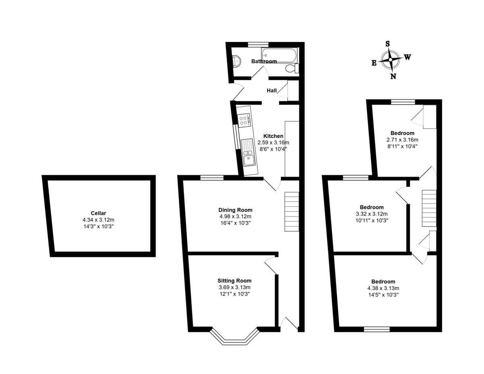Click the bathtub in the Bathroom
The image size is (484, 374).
[x=280, y=55]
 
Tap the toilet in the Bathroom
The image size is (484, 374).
[x=292, y=68]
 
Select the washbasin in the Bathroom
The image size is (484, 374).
[x=236, y=61]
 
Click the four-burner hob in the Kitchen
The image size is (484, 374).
[x=244, y=121]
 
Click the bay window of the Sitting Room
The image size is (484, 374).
[x=235, y=337]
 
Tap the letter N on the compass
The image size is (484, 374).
[x=393, y=76]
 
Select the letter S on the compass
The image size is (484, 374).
[x=388, y=44]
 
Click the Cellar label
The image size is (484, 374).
[x=98, y=213]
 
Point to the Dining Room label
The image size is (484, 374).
[x=235, y=210]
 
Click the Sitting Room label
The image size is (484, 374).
[x=235, y=280]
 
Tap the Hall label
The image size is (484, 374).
[x=272, y=90]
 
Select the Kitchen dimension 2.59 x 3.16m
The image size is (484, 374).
[x=273, y=142]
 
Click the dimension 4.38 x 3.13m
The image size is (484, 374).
[x=383, y=288]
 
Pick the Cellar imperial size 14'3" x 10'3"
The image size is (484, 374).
[x=98, y=226]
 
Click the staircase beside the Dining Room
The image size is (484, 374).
[x=292, y=212]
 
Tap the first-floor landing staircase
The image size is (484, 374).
[x=429, y=208]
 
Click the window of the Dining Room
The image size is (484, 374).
[x=212, y=178]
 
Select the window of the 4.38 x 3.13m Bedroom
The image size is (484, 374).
[x=377, y=329]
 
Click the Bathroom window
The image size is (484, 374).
[x=259, y=44]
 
